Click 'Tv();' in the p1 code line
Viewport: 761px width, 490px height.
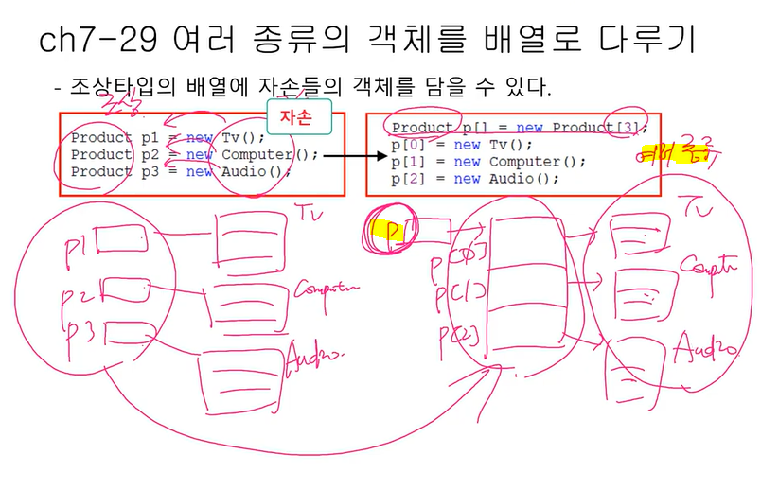pos(245,137)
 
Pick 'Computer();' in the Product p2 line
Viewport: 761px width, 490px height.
pos(271,154)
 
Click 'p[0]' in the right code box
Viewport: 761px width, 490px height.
pos(409,145)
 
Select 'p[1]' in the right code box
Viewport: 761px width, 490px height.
pos(409,162)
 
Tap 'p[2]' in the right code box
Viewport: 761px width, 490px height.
pos(409,179)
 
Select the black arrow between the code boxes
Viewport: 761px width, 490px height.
pos(343,154)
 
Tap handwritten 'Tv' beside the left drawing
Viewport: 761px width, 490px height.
pos(310,214)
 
